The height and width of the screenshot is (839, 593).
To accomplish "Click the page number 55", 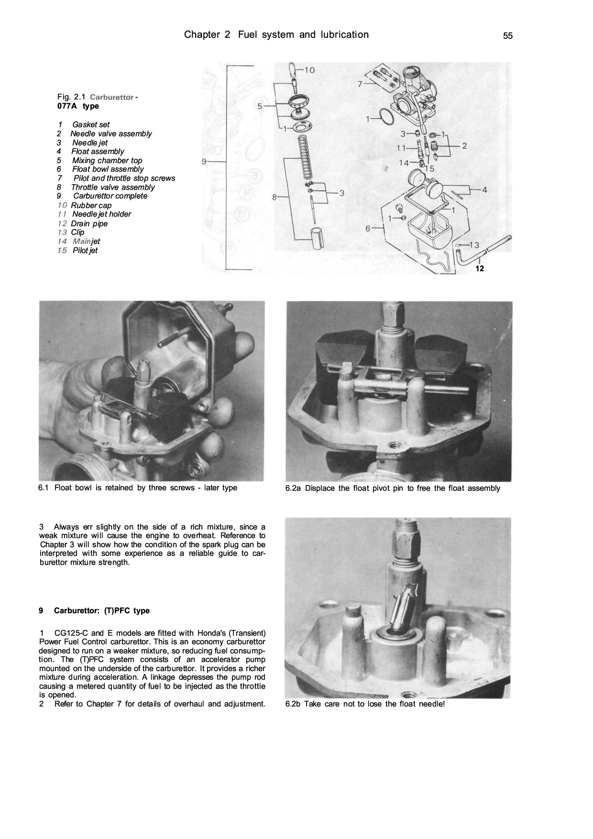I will (507, 36).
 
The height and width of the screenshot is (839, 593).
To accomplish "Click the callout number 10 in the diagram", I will (309, 70).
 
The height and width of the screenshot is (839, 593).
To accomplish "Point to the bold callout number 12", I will (480, 269).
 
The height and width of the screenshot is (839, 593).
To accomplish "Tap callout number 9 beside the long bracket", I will (204, 162).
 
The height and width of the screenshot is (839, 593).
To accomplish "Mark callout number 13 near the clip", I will (474, 245).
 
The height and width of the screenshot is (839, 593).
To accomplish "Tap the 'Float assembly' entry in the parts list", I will (98, 152).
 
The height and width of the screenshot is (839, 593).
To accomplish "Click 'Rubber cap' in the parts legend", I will (91, 206).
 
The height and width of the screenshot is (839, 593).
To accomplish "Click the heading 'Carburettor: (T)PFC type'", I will (101, 611).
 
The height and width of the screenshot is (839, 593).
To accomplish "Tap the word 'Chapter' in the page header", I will (201, 34).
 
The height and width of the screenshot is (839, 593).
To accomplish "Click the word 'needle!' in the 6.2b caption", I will (431, 704).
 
